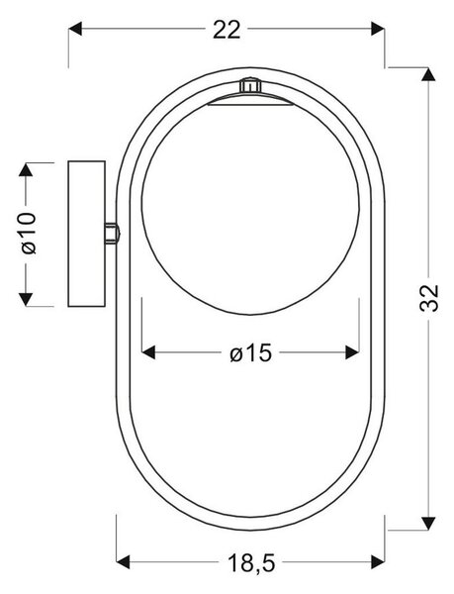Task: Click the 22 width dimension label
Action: pos(227,30)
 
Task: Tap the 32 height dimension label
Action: pos(429,297)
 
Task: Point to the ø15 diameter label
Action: pos(251,352)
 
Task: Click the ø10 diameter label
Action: pos(29,233)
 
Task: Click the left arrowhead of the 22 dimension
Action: pos(75,29)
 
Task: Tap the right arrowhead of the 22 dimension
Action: pos(378,29)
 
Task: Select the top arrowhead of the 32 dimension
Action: pos(428,74)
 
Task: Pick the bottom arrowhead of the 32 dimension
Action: pos(428,523)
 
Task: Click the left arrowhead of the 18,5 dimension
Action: pos(123,561)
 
